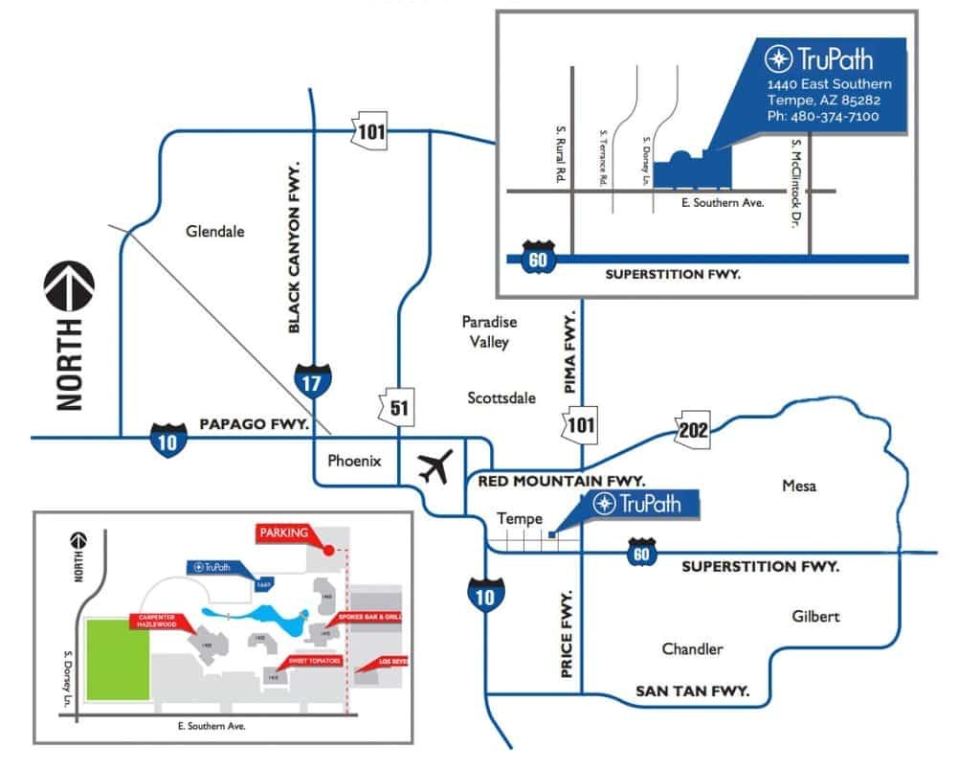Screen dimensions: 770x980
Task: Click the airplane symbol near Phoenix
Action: pyautogui.click(x=435, y=468)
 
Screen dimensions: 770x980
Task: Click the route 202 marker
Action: pyautogui.click(x=693, y=428)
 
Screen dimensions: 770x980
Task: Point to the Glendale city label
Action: pyautogui.click(x=215, y=231)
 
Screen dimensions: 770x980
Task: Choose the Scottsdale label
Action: pyautogui.click(x=501, y=397)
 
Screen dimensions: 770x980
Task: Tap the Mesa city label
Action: pyautogui.click(x=799, y=486)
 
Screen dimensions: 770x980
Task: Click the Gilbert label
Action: pyautogui.click(x=815, y=616)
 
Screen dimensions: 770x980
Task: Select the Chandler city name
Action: pyautogui.click(x=692, y=649)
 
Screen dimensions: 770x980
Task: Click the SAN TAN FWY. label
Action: pyautogui.click(x=692, y=691)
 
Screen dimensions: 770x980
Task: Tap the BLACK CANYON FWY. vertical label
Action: pyautogui.click(x=295, y=246)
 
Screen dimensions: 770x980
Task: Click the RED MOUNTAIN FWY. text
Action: pyautogui.click(x=554, y=480)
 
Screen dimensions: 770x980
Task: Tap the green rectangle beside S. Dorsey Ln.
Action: pyautogui.click(x=118, y=662)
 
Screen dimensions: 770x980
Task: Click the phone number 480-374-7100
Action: pyautogui.click(x=823, y=116)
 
